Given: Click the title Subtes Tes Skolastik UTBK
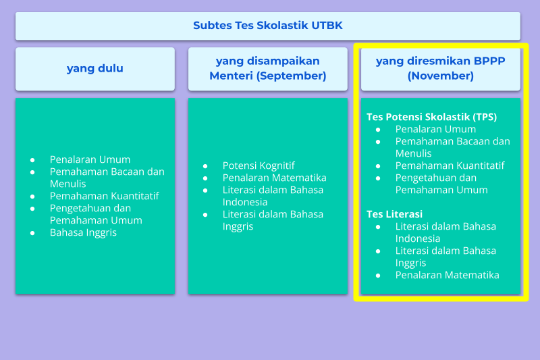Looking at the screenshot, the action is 267,26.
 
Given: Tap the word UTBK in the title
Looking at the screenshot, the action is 327,26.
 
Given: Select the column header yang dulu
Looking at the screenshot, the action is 95,68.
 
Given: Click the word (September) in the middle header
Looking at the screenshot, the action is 292,76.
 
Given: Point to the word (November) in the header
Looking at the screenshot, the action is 441,76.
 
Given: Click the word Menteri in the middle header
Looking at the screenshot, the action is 231,76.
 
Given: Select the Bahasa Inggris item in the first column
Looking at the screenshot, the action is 83,232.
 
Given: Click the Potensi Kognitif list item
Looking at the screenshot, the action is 259,165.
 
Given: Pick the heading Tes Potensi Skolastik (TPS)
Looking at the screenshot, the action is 431,117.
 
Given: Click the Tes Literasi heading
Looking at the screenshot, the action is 394,214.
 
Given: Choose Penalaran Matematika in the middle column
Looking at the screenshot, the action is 275,178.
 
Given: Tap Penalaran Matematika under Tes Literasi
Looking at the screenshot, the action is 447,275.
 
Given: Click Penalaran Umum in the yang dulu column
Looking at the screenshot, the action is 90,159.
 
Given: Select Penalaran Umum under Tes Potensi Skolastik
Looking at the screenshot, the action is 435,129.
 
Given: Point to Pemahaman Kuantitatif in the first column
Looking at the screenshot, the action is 105,196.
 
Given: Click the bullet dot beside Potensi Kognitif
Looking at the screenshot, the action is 205,166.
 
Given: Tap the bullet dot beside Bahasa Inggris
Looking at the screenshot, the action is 32,233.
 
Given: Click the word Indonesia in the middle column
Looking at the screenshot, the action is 245,202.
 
